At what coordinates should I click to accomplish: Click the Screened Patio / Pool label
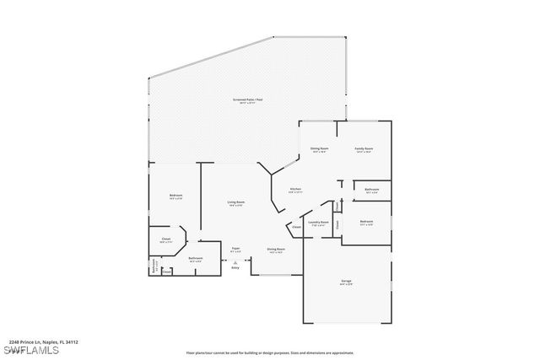coord(246,100)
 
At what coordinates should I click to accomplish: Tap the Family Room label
coord(364,148)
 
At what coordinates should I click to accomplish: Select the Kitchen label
coord(296,189)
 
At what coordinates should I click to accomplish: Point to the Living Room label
coord(235,202)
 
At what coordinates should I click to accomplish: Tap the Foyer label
coord(236,248)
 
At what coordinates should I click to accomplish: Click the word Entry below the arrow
coord(235,267)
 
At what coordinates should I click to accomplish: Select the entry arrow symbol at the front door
coord(235,261)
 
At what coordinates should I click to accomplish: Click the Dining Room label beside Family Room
coord(319,148)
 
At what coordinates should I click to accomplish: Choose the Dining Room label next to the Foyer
coord(276,249)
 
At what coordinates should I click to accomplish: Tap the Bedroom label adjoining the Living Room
coord(175,196)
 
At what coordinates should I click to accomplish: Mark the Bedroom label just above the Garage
coord(365,222)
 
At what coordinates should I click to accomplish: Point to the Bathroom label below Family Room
coord(372,190)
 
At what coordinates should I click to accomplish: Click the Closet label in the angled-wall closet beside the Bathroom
coord(166,239)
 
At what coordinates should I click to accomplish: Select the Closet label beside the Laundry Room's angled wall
coord(297,227)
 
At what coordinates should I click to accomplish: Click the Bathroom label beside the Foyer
coord(196,258)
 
